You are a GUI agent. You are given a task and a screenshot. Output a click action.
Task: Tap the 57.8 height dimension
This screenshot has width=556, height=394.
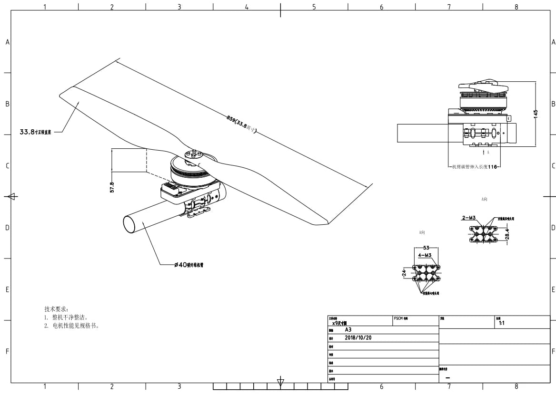point(112,187)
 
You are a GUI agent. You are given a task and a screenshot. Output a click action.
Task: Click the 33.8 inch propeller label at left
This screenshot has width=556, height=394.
point(36,132)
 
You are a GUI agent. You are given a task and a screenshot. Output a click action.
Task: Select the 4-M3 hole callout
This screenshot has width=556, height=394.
point(425,255)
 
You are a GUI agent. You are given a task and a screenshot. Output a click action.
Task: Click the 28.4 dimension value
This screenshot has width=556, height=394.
point(507,235)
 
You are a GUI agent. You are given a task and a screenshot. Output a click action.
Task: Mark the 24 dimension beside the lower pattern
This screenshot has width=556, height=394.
point(404,274)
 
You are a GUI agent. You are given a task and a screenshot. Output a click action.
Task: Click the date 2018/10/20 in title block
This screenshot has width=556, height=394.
point(358,337)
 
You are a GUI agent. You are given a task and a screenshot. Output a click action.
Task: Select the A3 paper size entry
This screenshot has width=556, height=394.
point(348,329)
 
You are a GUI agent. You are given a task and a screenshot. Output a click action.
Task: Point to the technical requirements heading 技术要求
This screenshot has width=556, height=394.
point(56,309)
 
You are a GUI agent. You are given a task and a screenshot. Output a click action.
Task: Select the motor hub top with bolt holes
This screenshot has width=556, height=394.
point(193,154)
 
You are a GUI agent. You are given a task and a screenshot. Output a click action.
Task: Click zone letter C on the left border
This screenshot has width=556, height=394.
point(7,166)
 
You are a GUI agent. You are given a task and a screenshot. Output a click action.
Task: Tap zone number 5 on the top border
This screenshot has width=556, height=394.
point(314,7)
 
